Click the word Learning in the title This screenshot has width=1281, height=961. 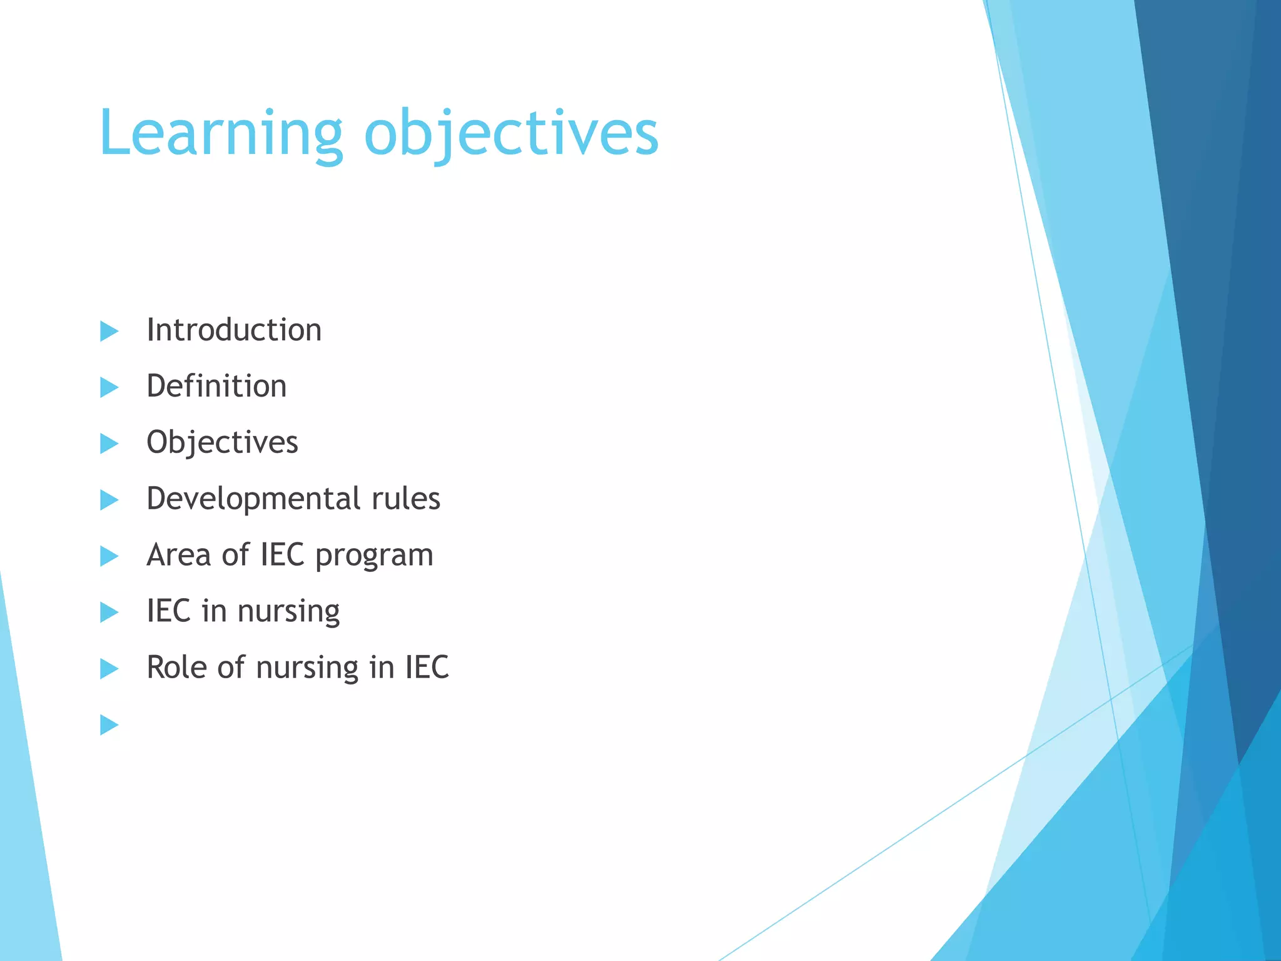point(220,134)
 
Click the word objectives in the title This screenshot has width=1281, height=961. point(511,134)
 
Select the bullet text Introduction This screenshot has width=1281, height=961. point(234,330)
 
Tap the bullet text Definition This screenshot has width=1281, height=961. point(216,386)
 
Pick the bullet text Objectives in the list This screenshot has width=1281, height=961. point(222,442)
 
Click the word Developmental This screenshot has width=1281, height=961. point(253,499)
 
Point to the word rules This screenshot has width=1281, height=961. point(406,499)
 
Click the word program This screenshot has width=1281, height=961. point(374,556)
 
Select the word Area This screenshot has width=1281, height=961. point(178,555)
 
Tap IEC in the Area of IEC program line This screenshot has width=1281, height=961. point(282,555)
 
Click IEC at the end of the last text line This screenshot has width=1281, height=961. point(427,667)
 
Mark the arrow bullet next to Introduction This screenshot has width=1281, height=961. point(109,331)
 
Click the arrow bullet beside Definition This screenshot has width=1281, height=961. point(109,387)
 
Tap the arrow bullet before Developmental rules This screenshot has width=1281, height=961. point(109,500)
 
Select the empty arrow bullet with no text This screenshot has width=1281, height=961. point(109,725)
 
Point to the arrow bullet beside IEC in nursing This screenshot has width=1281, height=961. point(109,613)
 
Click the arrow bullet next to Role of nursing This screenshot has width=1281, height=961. point(109,669)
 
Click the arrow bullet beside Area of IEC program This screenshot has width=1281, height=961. point(109,556)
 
